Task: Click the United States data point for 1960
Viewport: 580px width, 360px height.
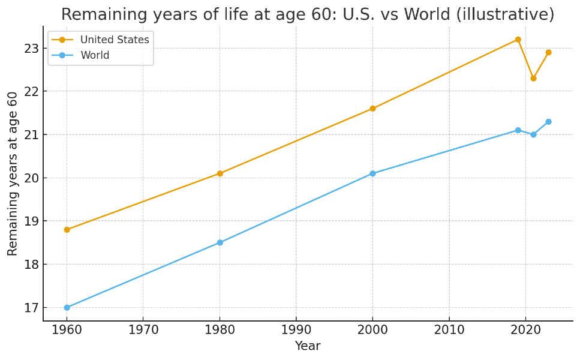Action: [x=67, y=229]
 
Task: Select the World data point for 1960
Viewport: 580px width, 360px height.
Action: [x=67, y=307]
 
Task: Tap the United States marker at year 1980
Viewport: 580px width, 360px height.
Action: [x=220, y=173]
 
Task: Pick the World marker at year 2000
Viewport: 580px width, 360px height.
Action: [x=372, y=173]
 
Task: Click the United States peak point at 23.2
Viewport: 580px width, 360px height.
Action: [x=518, y=40]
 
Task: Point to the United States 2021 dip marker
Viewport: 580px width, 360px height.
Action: [x=533, y=78]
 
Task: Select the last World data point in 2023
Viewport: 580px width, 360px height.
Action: [x=548, y=122]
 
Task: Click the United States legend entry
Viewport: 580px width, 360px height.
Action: [x=114, y=40]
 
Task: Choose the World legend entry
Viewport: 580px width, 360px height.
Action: [x=95, y=56]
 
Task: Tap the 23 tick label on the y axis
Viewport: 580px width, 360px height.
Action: [x=31, y=49]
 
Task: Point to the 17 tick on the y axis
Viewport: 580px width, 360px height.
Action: [x=31, y=308]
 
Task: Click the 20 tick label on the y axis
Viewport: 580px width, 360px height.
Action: [x=31, y=178]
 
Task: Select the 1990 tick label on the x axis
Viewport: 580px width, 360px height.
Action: [x=296, y=329]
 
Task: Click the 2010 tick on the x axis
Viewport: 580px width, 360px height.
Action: [x=449, y=329]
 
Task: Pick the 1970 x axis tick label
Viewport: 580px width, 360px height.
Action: [x=143, y=329]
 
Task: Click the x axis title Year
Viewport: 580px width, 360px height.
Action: [x=307, y=346]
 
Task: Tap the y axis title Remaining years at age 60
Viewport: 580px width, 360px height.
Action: [x=13, y=173]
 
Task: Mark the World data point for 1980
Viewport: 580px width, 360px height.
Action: [x=220, y=242]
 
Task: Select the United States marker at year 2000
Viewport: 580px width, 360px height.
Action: [x=372, y=109]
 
